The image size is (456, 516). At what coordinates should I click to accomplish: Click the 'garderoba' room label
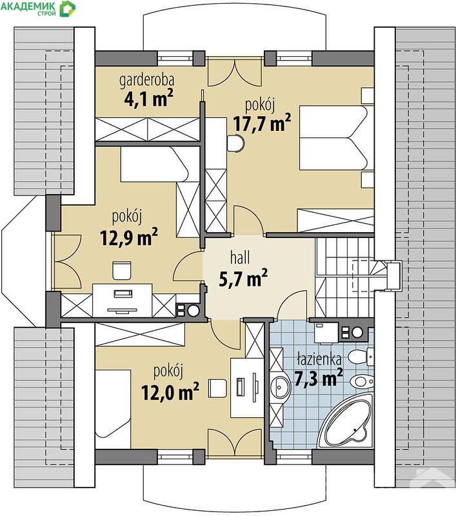tap(146, 81)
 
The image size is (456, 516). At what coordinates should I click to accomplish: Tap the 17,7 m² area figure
tap(262, 123)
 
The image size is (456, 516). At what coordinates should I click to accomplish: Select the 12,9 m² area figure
tap(128, 237)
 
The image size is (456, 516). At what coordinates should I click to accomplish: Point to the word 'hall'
tap(240, 257)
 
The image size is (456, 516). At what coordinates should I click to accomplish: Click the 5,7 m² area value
tap(243, 279)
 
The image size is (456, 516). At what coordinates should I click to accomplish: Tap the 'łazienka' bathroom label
tap(319, 359)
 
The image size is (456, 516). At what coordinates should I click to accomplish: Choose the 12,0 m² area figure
tap(170, 392)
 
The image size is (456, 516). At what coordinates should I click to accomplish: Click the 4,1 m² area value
tap(149, 98)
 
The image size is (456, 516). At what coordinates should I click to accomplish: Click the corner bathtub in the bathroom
tap(346, 421)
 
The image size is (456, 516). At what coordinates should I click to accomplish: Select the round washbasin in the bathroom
tap(280, 386)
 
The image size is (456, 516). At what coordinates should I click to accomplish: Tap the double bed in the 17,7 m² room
tap(336, 137)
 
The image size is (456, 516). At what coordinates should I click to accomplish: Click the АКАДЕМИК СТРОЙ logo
tap(38, 8)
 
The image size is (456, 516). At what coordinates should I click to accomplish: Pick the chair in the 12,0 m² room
tap(217, 388)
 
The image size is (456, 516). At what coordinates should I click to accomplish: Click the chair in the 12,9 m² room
tap(122, 270)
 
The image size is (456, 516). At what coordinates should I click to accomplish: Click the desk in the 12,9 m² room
tap(123, 300)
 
